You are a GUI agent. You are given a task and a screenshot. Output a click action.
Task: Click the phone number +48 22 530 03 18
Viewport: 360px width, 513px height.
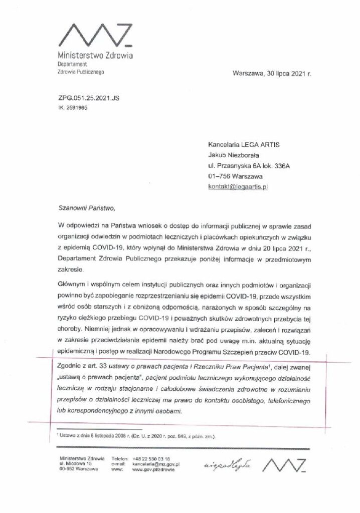[x=151, y=458]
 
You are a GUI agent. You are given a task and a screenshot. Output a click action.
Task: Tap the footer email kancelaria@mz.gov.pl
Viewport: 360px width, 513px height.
[x=156, y=464]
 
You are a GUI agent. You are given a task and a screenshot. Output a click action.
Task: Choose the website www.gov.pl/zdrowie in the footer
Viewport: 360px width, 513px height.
[x=152, y=470]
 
